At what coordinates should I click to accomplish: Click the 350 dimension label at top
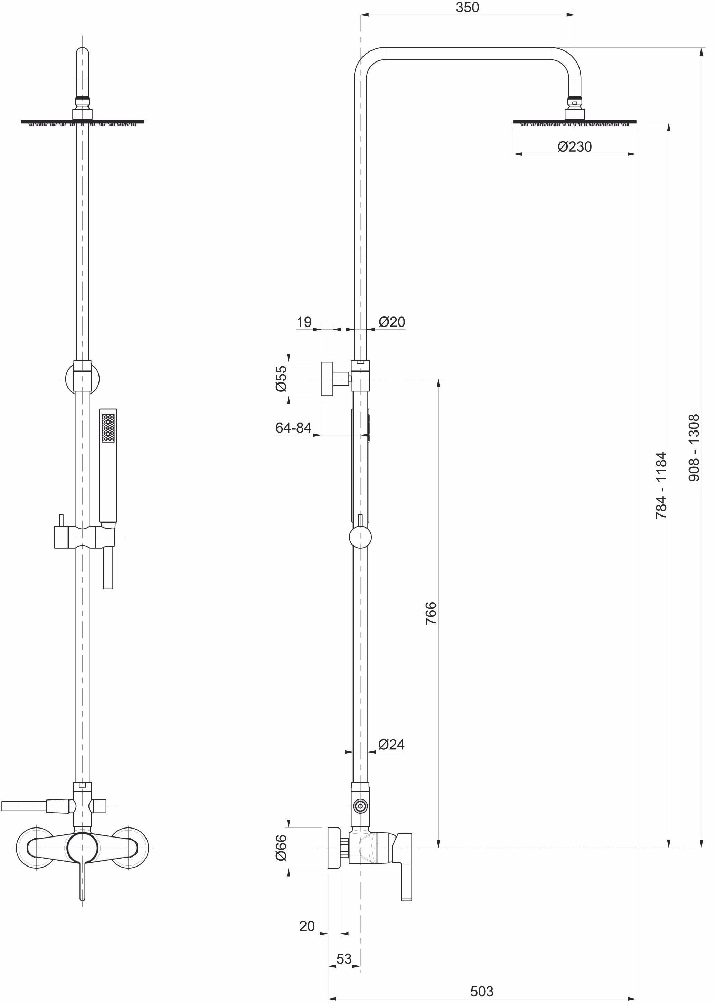[467, 8]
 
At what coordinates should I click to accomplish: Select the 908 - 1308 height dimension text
[694, 447]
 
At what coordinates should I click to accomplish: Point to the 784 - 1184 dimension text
[661, 485]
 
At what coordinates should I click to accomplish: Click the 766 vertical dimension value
[431, 613]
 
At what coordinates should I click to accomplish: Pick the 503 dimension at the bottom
[481, 991]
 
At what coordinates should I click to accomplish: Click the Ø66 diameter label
[281, 848]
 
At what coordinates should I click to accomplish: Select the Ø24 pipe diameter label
[391, 744]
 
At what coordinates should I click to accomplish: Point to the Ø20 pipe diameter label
[392, 322]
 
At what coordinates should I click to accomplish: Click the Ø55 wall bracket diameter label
[281, 379]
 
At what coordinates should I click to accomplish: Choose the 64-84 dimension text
[293, 427]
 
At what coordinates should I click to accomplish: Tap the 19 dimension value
[304, 322]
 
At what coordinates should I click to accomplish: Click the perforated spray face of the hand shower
[108, 428]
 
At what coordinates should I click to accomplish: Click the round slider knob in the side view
[360, 537]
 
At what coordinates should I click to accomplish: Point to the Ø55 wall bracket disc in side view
[327, 379]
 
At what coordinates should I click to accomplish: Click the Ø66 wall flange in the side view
[334, 848]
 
